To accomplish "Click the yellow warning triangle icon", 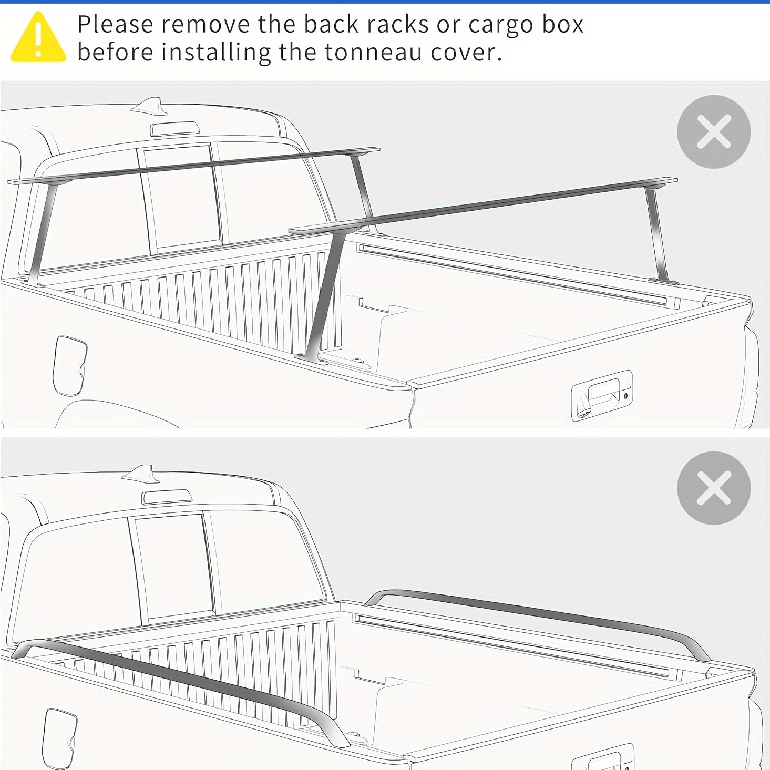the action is pyautogui.click(x=38, y=37).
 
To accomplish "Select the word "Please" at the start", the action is pyautogui.click(x=115, y=24).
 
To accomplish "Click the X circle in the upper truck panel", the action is pyautogui.click(x=714, y=131).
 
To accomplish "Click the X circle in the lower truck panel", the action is pyautogui.click(x=714, y=488).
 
